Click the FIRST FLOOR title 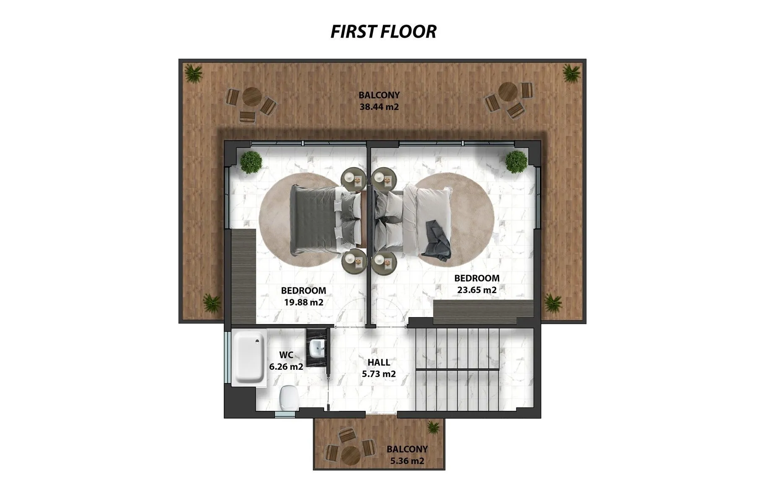click(x=383, y=31)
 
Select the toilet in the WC click(x=289, y=396)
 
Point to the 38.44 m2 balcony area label click(x=379, y=106)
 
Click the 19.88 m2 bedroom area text click(x=304, y=302)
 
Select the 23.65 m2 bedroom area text click(x=477, y=289)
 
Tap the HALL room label click(x=379, y=362)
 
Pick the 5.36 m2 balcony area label click(x=407, y=461)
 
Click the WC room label click(x=286, y=355)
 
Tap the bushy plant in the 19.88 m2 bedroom click(x=251, y=162)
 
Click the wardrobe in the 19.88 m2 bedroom click(x=244, y=276)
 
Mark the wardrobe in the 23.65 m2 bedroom click(x=483, y=312)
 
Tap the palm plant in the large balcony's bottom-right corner click(x=552, y=302)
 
